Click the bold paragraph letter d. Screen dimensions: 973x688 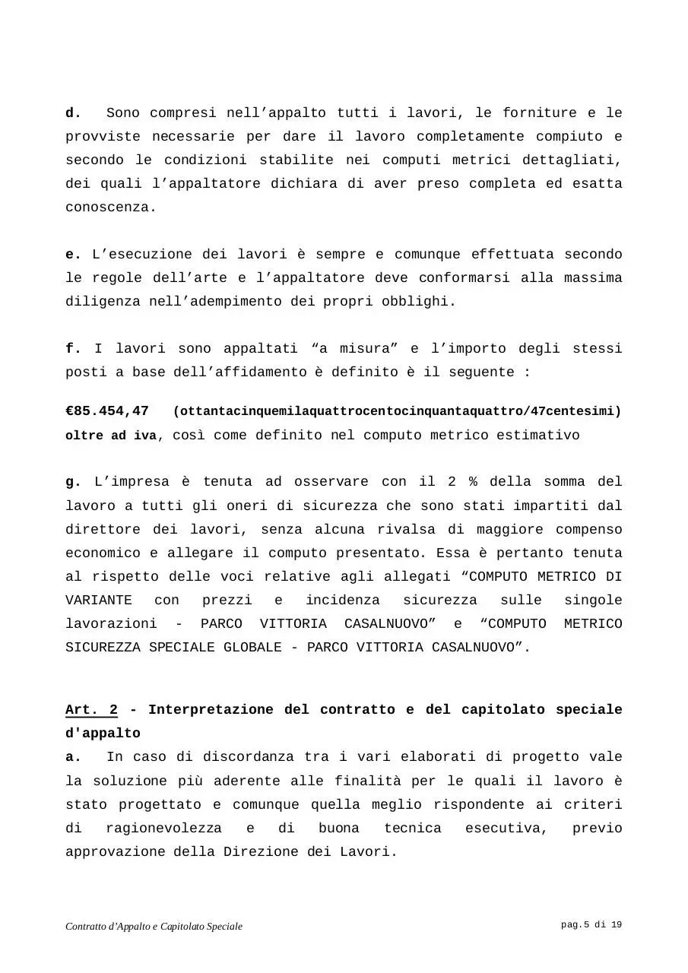click(73, 113)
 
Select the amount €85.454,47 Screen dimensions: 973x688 click(107, 411)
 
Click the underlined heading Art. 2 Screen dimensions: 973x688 click(91, 710)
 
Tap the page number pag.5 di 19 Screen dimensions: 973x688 click(591, 925)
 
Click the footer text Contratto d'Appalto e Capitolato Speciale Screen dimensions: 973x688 click(154, 927)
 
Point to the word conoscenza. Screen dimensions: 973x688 click(111, 208)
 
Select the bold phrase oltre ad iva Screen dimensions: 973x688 click(112, 436)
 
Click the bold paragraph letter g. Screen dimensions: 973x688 click(73, 482)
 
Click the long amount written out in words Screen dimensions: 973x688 click(397, 411)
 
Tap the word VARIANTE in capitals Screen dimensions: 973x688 click(99, 601)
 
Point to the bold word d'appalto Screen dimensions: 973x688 click(103, 734)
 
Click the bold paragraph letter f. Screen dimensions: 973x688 click(73, 349)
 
